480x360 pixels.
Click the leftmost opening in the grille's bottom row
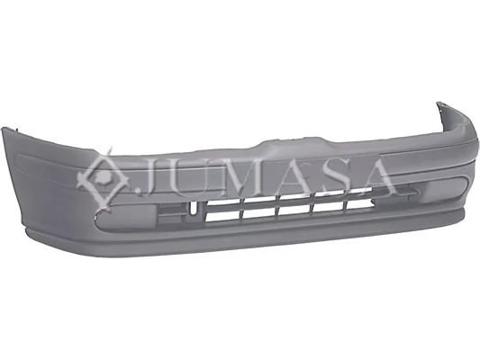tap(223, 216)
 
